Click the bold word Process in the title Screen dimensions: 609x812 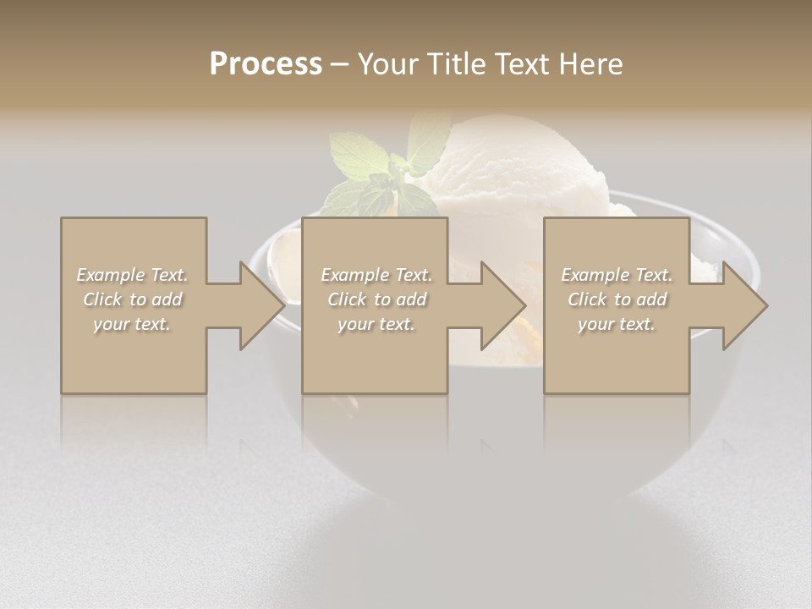click(266, 64)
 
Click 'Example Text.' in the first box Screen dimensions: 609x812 click(133, 275)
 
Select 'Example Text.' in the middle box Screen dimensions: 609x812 click(376, 275)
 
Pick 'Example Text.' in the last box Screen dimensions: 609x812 click(617, 275)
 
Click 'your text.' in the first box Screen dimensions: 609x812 click(133, 324)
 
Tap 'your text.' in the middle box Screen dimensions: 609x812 click(376, 324)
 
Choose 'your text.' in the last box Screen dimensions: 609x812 click(617, 324)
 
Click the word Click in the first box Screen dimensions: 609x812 click(101, 299)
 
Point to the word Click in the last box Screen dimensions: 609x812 click(587, 299)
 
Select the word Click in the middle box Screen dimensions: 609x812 click(346, 299)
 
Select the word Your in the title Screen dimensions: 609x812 click(386, 64)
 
